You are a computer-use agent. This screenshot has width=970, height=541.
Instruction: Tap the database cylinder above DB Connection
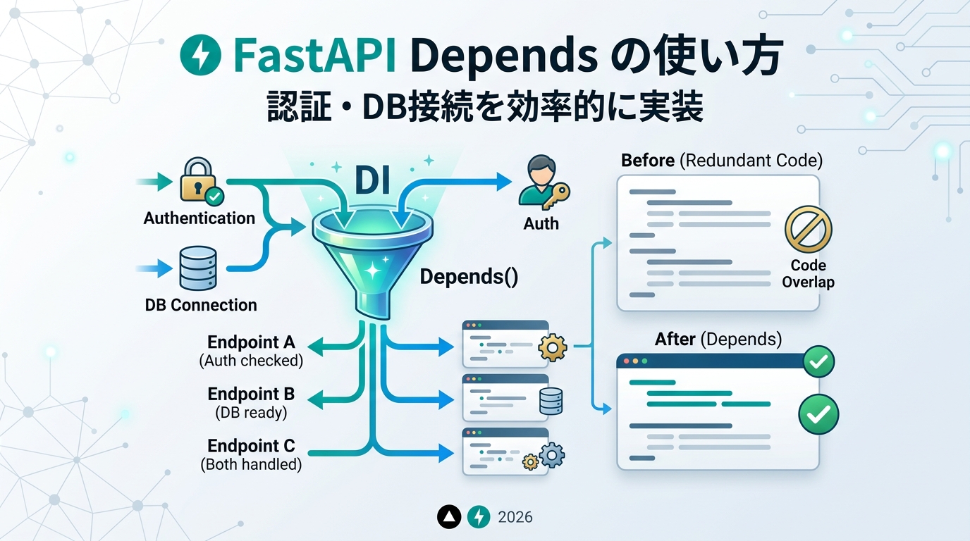click(x=198, y=268)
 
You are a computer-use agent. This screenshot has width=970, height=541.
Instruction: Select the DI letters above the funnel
click(x=372, y=181)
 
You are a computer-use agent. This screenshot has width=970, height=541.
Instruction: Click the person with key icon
click(x=544, y=182)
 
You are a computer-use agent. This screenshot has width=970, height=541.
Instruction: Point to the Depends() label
click(x=469, y=277)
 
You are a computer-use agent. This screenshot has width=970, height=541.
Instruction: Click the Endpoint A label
click(x=251, y=342)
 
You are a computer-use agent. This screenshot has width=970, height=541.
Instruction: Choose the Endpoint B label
click(x=251, y=394)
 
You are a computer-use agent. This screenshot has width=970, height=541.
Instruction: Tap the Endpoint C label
click(x=251, y=446)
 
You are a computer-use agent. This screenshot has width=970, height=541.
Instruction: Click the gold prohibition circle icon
click(x=808, y=229)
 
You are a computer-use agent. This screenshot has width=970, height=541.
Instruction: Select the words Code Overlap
click(x=808, y=273)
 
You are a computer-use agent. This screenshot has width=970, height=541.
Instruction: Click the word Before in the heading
click(x=648, y=161)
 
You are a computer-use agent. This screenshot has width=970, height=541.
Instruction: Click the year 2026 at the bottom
click(x=515, y=517)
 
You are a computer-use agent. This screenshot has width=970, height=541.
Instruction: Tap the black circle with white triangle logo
click(x=449, y=517)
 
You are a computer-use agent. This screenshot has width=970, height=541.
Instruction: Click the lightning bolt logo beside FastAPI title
click(x=200, y=54)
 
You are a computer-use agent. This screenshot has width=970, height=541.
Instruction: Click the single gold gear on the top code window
click(x=553, y=347)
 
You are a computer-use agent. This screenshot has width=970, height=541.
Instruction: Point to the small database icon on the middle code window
click(x=551, y=402)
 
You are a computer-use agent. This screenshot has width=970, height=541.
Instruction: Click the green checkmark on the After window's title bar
click(x=819, y=361)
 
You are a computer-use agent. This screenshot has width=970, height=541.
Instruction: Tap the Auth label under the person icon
click(x=541, y=224)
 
